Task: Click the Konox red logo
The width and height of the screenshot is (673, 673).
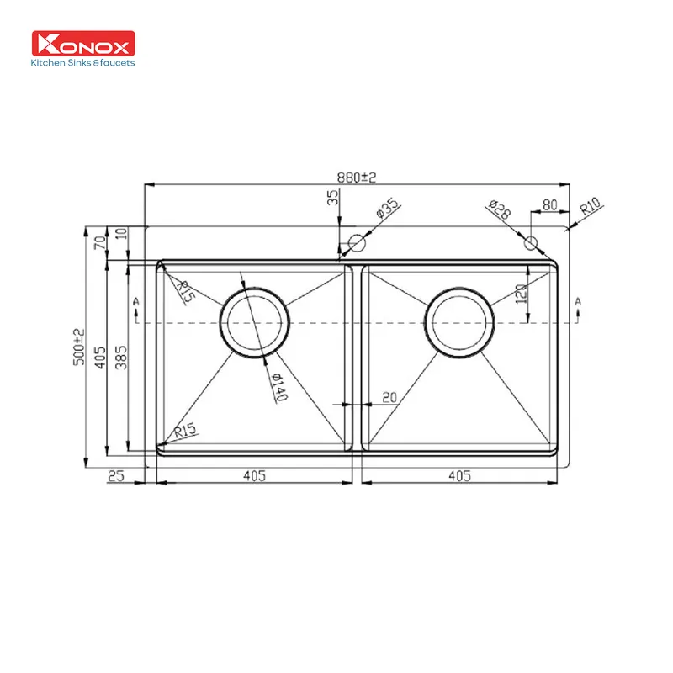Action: click(x=83, y=44)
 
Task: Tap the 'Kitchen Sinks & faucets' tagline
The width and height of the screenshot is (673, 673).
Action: click(x=82, y=62)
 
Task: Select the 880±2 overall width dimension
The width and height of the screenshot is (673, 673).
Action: click(x=356, y=178)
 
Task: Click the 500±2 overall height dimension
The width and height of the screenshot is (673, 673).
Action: click(x=79, y=347)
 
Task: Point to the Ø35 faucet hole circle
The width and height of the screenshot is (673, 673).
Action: click(x=357, y=243)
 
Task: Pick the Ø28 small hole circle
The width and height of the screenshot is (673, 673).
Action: click(x=531, y=243)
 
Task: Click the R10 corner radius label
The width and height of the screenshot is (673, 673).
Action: click(x=591, y=206)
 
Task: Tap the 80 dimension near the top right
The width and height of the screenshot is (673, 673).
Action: click(x=550, y=204)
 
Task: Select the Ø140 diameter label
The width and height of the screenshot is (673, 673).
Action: click(x=279, y=386)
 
